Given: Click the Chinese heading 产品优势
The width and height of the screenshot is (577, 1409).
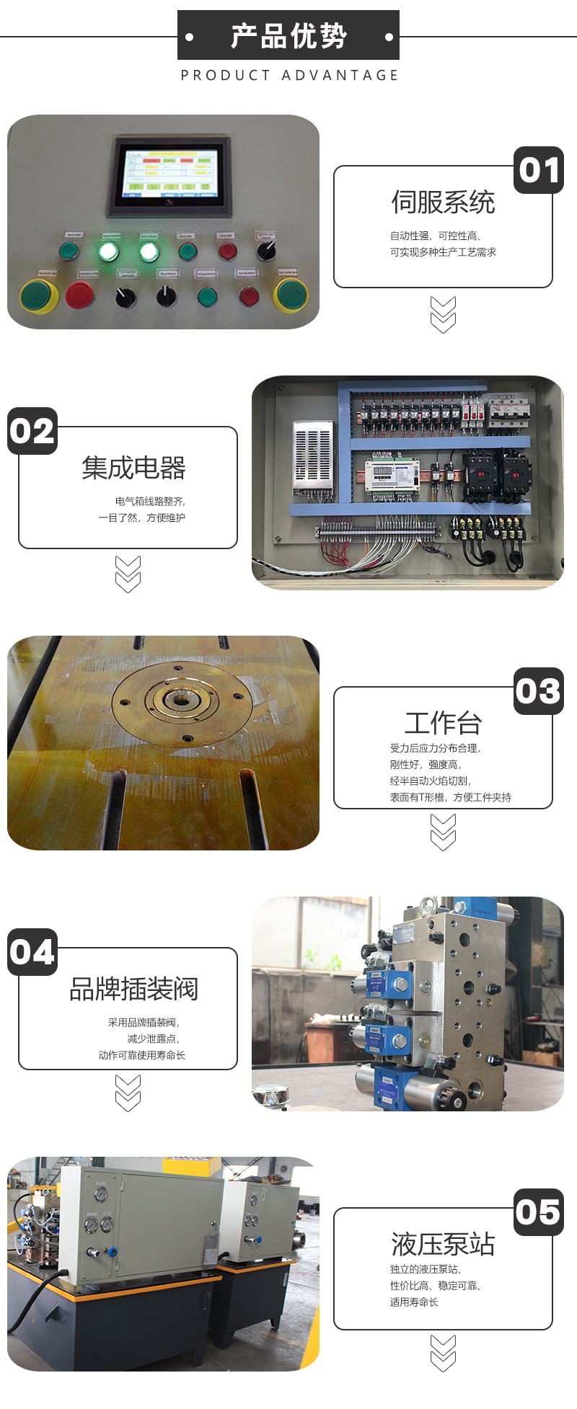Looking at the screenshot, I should pyautogui.click(x=288, y=35).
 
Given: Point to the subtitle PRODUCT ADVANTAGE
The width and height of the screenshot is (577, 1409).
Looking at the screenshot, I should pyautogui.click(x=289, y=76).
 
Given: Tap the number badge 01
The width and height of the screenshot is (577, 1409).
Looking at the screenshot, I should pyautogui.click(x=539, y=171).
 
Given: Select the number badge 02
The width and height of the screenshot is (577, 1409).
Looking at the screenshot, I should pyautogui.click(x=32, y=432).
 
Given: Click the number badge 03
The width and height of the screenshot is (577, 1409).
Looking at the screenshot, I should pyautogui.click(x=539, y=692).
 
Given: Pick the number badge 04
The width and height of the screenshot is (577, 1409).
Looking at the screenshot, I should pyautogui.click(x=32, y=953).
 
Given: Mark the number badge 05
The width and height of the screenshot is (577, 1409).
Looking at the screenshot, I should pyautogui.click(x=539, y=1213).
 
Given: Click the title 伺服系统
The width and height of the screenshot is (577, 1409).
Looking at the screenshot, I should pyautogui.click(x=443, y=203).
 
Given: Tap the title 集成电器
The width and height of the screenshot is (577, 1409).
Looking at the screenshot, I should pyautogui.click(x=133, y=468).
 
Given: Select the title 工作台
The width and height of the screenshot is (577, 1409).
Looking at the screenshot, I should pyautogui.click(x=443, y=723).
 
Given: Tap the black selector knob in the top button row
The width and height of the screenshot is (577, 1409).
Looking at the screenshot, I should pyautogui.click(x=266, y=251).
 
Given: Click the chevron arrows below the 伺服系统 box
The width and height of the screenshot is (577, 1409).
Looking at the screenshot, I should pyautogui.click(x=443, y=315).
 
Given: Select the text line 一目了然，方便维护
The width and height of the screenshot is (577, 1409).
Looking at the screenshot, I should pyautogui.click(x=142, y=518).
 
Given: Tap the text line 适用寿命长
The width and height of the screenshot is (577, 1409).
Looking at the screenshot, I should pyautogui.click(x=414, y=1302).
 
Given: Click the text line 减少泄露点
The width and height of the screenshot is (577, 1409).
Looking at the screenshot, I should pyautogui.click(x=153, y=1039).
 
